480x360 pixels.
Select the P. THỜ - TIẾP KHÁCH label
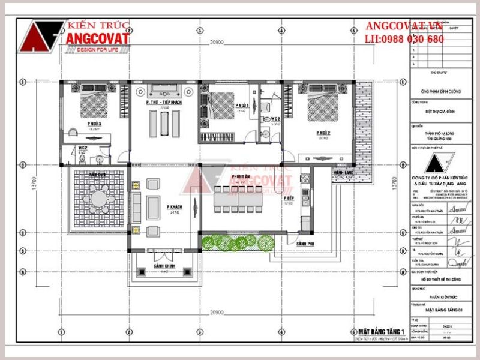click(x=163, y=103)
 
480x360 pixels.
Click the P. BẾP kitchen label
click(x=288, y=197)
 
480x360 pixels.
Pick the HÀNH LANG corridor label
click(x=343, y=173)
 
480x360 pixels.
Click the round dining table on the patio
click(x=98, y=197)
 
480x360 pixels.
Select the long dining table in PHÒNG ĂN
click(x=238, y=199)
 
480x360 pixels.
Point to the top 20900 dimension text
click(x=217, y=43)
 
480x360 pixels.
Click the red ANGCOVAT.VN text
click(x=404, y=26)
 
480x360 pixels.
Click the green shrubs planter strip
click(x=237, y=242)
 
